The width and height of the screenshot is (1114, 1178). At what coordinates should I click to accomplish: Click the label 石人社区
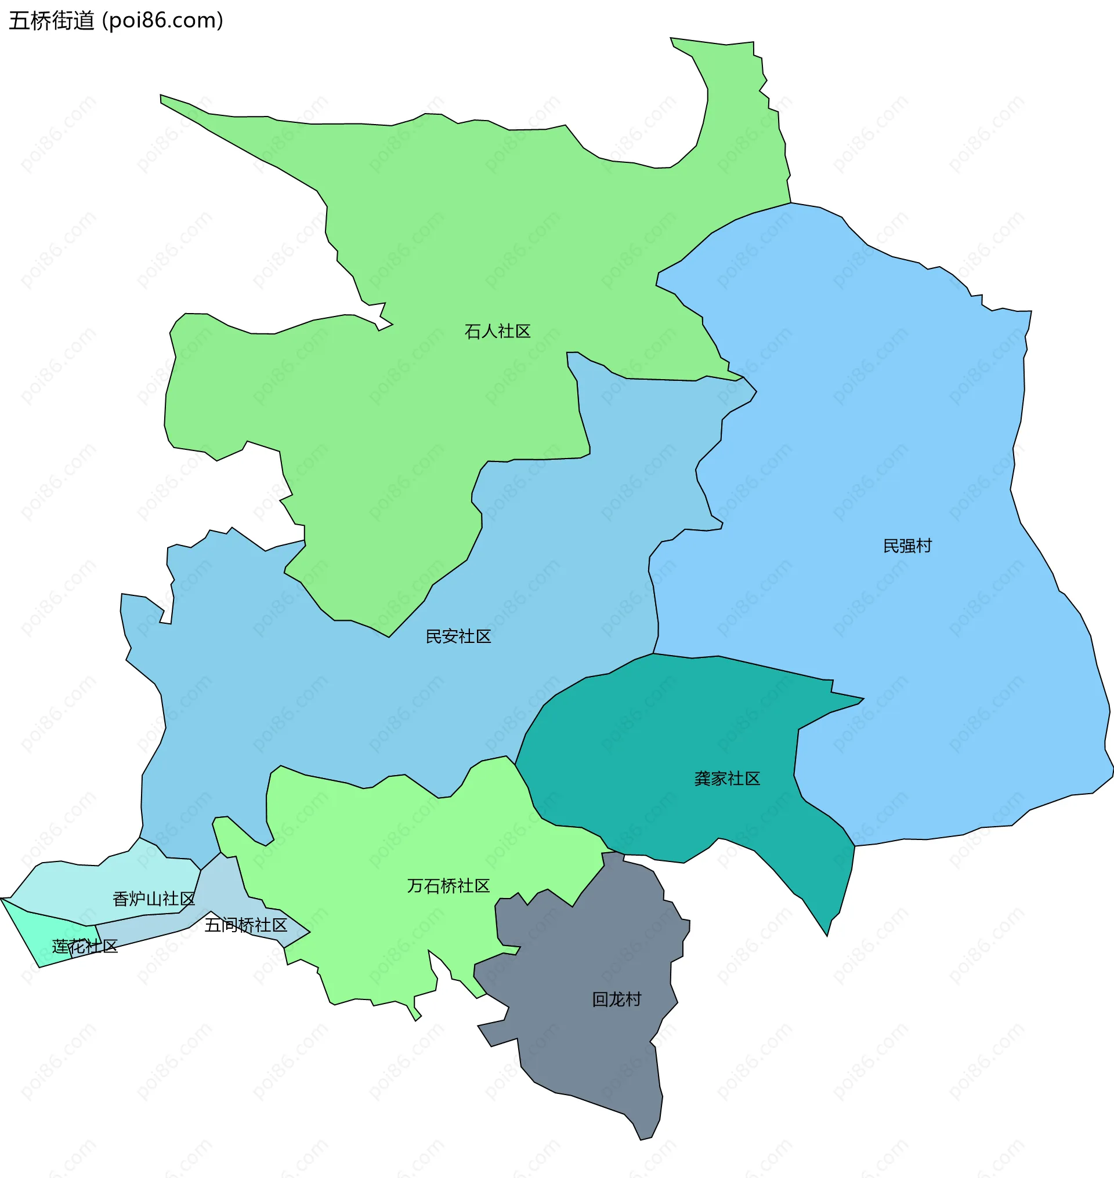[497, 331]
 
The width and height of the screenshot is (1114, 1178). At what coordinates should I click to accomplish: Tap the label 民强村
[907, 546]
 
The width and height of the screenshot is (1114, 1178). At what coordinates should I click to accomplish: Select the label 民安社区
[458, 636]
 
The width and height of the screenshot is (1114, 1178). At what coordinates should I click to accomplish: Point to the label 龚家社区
[727, 779]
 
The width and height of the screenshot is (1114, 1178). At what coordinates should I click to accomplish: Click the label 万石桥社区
[449, 886]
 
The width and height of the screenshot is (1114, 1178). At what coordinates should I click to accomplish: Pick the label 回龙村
[616, 999]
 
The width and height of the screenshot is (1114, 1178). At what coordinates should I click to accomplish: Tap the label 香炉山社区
[154, 899]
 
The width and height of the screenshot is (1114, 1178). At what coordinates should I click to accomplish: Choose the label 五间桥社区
[246, 925]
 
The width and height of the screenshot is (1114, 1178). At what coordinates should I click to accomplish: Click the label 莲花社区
[85, 946]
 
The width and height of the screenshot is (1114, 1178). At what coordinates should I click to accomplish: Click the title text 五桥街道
[52, 21]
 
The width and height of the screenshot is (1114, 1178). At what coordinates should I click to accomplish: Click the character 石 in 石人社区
[473, 331]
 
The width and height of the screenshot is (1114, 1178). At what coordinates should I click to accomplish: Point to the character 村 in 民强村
[924, 546]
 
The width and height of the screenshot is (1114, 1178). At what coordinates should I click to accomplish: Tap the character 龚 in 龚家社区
[703, 779]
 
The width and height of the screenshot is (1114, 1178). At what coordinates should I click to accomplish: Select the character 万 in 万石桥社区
[415, 886]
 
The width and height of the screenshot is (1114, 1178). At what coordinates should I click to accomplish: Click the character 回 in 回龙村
[601, 999]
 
